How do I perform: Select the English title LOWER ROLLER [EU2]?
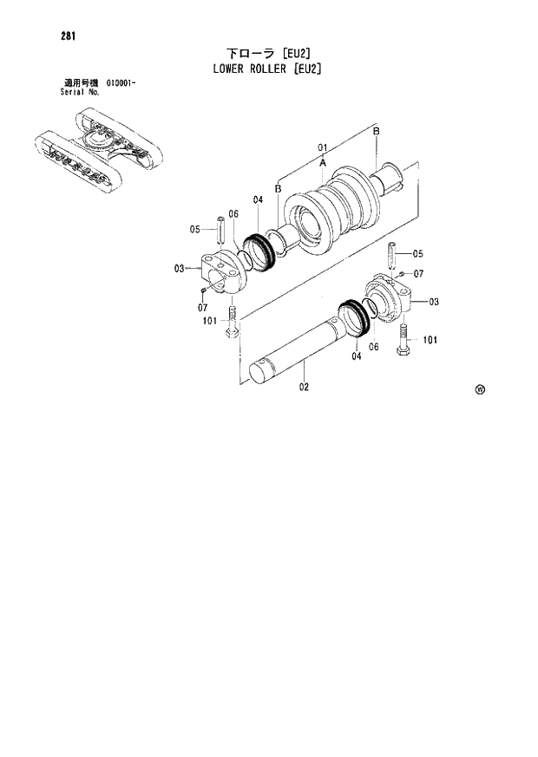click(x=268, y=69)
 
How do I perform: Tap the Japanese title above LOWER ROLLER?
click(x=268, y=53)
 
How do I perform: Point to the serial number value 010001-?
click(x=121, y=82)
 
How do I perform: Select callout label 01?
click(x=321, y=147)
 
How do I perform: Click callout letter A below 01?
click(x=322, y=162)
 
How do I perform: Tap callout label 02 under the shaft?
click(x=305, y=387)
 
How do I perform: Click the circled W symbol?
click(x=480, y=389)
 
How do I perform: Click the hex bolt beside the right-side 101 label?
click(x=404, y=341)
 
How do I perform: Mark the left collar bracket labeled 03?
click(x=218, y=273)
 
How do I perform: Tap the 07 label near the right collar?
click(x=419, y=274)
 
